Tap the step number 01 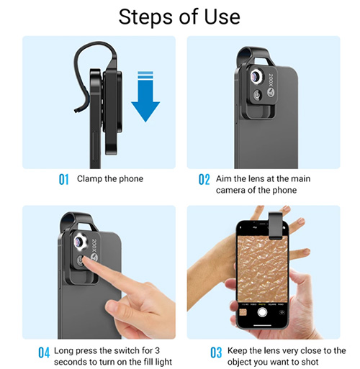click(x=63, y=179)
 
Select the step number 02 click(x=204, y=179)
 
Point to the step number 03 click(x=216, y=352)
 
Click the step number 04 click(x=44, y=352)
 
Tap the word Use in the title click(x=222, y=17)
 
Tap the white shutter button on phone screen click(x=262, y=312)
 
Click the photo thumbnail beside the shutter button click(x=243, y=312)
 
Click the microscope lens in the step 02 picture click(x=256, y=76)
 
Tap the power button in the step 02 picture click(x=258, y=95)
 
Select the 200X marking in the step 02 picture click(x=271, y=81)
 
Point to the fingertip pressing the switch click(x=84, y=260)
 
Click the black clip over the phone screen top click(x=276, y=226)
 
